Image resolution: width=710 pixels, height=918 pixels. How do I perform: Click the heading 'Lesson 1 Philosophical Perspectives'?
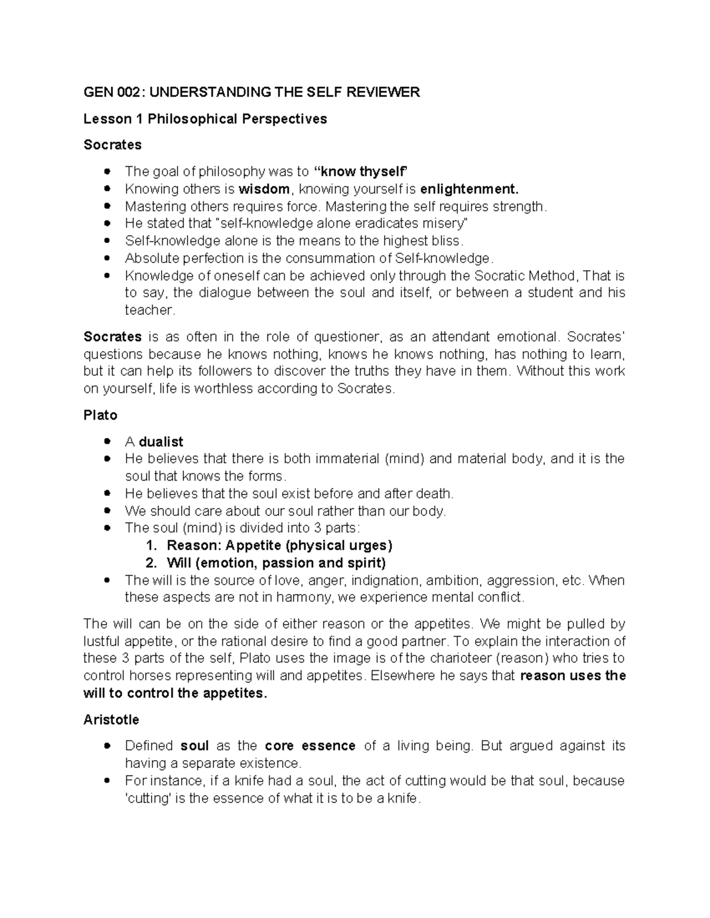[x=205, y=119]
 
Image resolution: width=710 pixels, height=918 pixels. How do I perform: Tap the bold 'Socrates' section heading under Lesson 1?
[x=112, y=145]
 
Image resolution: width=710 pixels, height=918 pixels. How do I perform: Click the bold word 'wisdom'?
[x=264, y=189]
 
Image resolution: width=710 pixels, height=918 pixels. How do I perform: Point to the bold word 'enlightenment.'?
[x=469, y=189]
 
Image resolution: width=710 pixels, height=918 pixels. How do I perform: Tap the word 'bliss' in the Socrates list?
[x=446, y=241]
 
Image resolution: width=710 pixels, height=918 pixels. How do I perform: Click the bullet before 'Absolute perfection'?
[x=107, y=258]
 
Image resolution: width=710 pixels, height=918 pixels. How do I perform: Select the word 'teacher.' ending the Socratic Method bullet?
[x=150, y=310]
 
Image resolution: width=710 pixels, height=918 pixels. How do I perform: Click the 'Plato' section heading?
[x=100, y=415]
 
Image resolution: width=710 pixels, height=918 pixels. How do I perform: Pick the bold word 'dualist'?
[x=161, y=442]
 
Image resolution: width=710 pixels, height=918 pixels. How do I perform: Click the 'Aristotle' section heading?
[x=111, y=719]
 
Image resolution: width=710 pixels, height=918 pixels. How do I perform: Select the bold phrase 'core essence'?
[x=310, y=746]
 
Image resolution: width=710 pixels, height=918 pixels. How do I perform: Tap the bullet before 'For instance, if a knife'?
[x=107, y=781]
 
